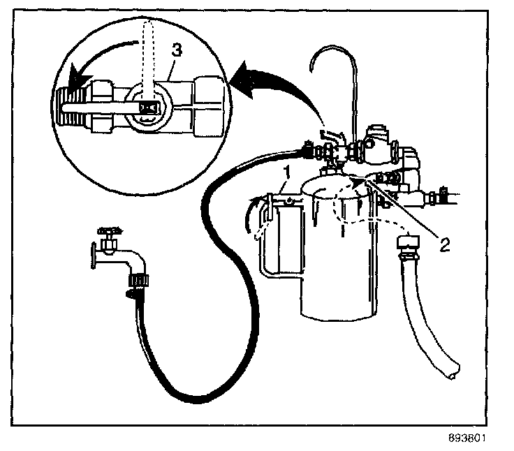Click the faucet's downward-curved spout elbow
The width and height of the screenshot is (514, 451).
[135, 262]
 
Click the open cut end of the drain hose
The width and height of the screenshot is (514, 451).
[453, 370]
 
